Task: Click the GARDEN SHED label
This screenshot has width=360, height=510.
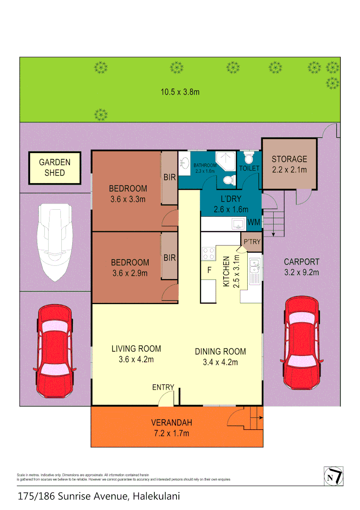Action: click(55, 168)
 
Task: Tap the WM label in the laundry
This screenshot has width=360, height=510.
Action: click(254, 222)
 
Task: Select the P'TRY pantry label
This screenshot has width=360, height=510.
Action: click(252, 241)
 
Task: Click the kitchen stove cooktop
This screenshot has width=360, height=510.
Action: click(208, 254)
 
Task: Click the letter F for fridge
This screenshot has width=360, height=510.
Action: click(208, 271)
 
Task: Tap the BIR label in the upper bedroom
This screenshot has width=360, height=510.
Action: click(169, 178)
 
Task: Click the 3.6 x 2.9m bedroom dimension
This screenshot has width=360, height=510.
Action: click(129, 273)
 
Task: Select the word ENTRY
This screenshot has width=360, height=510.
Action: click(163, 387)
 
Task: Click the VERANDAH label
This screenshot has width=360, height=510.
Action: click(171, 423)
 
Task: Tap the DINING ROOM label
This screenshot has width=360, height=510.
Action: click(220, 351)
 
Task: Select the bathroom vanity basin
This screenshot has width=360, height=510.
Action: click(184, 164)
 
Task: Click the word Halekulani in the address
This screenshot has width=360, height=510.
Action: click(156, 496)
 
